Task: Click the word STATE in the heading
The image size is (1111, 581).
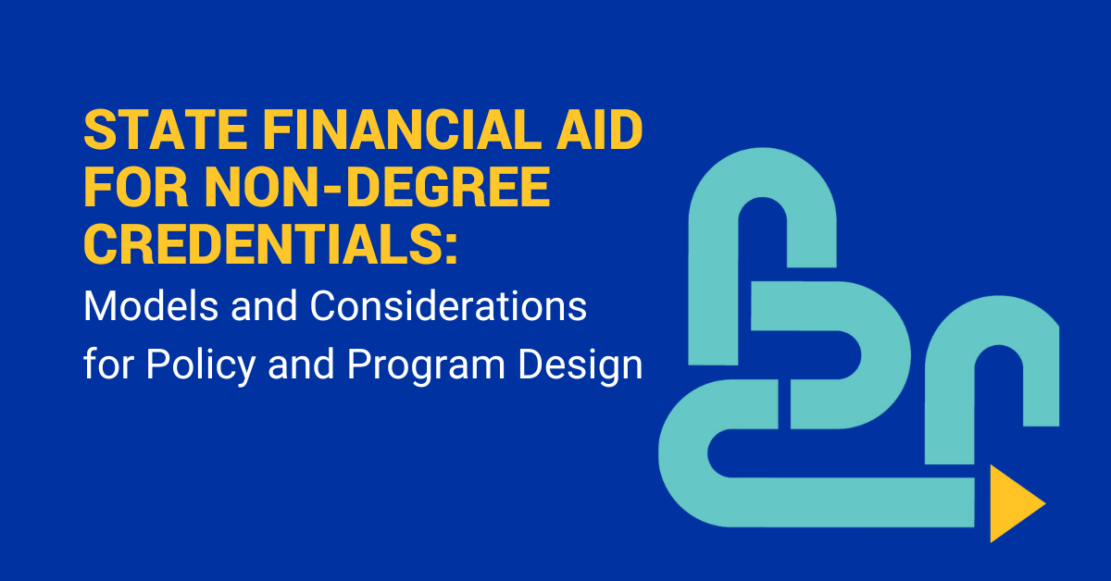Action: (x=165, y=130)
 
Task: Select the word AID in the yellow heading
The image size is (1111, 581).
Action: (x=600, y=130)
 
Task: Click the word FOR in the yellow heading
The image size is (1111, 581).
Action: (x=136, y=188)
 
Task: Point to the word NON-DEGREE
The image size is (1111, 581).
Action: (x=378, y=188)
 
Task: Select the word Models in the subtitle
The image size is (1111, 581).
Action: (x=151, y=306)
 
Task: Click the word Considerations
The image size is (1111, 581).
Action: (x=448, y=306)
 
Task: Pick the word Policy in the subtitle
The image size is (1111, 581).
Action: (x=200, y=365)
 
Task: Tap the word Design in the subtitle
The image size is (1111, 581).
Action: (x=580, y=365)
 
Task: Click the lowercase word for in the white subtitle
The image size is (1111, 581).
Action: (x=108, y=364)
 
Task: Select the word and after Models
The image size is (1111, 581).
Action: (x=264, y=306)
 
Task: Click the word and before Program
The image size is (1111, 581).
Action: (x=301, y=364)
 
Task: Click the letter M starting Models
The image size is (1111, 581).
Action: (x=98, y=306)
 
